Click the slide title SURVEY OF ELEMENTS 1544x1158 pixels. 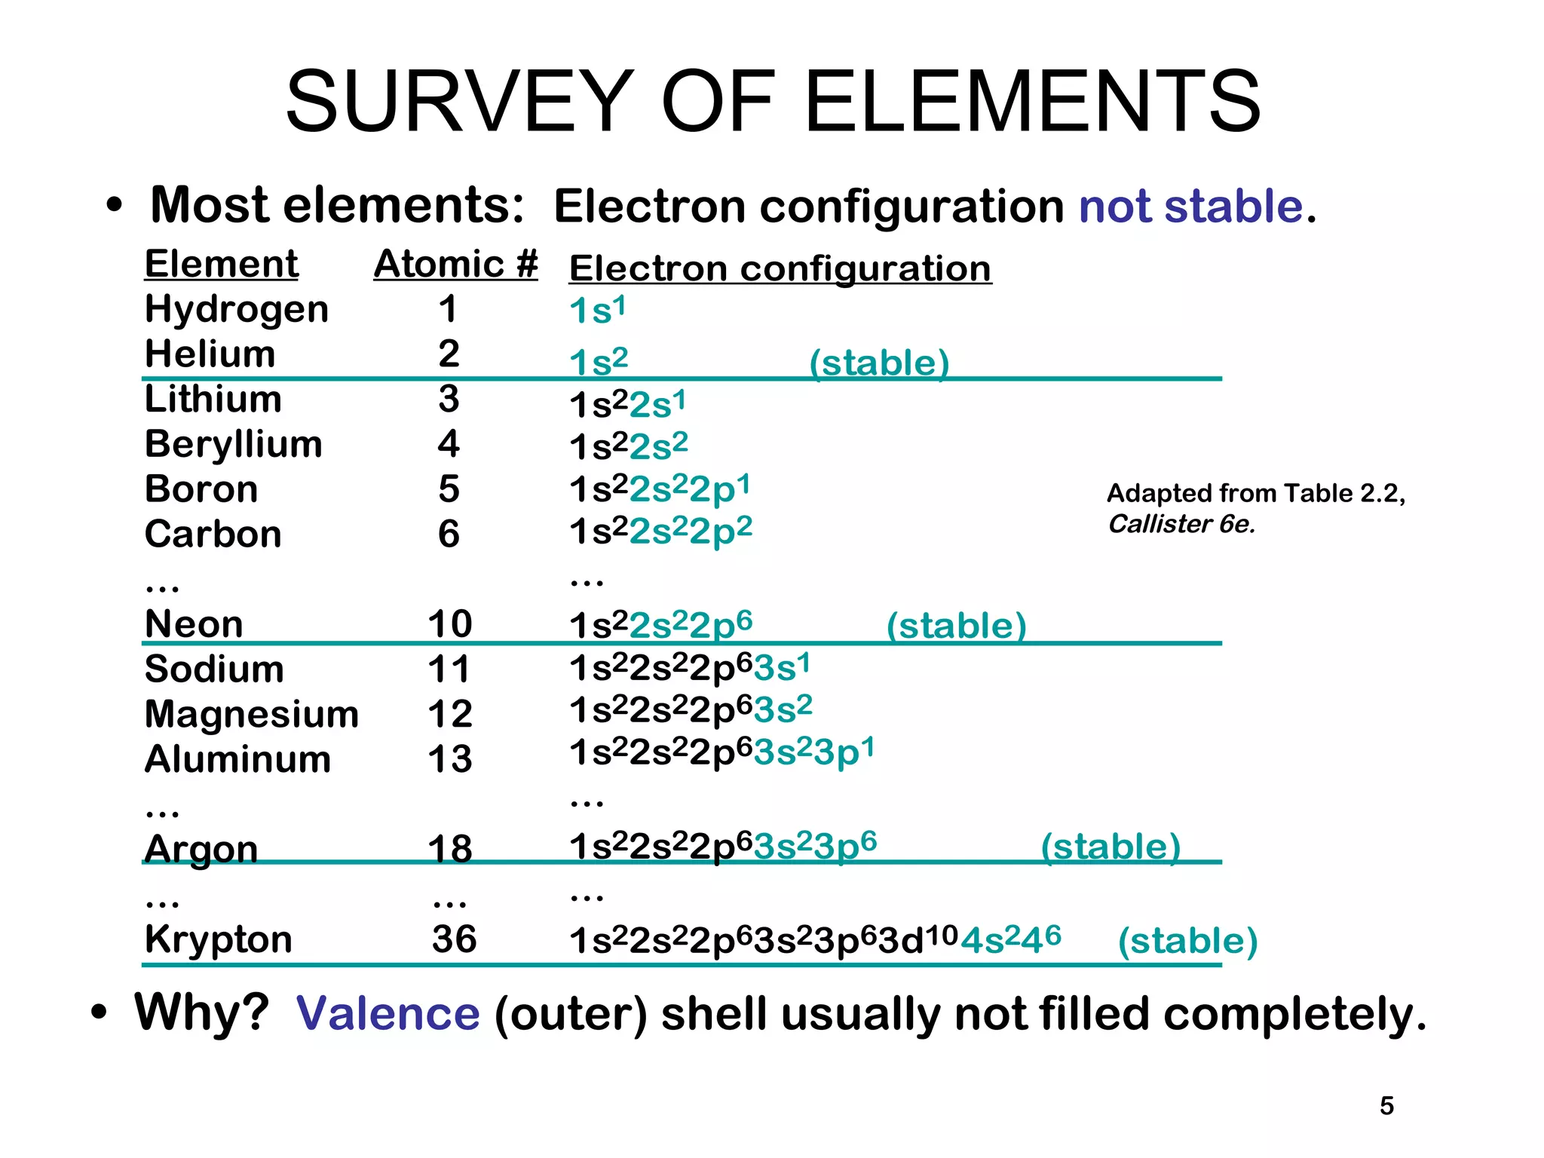(x=772, y=102)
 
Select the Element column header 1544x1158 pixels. (x=222, y=265)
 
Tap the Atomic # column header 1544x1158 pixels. (x=455, y=265)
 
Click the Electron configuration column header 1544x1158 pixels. (x=780, y=269)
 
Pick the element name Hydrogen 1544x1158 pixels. (x=237, y=310)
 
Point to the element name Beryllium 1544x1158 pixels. (x=234, y=444)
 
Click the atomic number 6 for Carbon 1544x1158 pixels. (x=449, y=535)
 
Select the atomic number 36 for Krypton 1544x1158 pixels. (x=454, y=939)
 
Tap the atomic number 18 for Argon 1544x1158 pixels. (x=450, y=849)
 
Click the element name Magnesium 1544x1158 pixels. (x=252, y=714)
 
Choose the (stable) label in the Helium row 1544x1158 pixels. (x=879, y=363)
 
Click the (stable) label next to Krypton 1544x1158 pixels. (x=1187, y=942)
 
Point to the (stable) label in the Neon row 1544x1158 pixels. (x=956, y=626)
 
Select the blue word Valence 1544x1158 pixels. (x=388, y=1013)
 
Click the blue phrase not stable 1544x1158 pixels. (x=1191, y=207)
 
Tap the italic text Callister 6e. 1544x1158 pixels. (x=1181, y=524)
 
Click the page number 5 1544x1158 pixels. (x=1386, y=1106)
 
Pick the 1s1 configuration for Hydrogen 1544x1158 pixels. (x=598, y=311)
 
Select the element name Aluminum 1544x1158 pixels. (x=237, y=759)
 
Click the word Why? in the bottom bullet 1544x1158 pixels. (x=201, y=1012)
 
